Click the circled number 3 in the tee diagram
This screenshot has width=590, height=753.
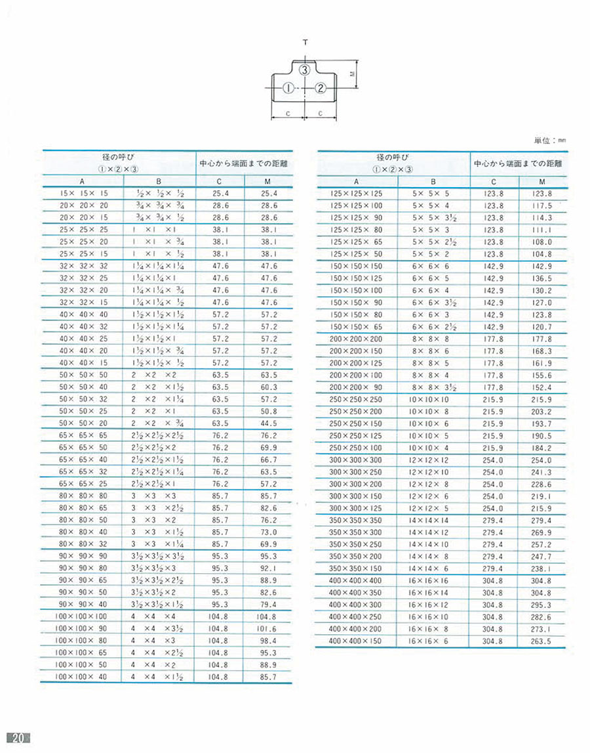click(x=304, y=70)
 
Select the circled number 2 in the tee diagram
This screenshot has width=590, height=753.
click(x=321, y=88)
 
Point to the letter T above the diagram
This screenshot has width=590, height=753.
click(x=305, y=42)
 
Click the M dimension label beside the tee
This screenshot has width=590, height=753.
click(x=351, y=74)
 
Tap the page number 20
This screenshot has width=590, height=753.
click(x=17, y=737)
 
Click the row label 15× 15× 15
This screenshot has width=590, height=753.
click(x=82, y=194)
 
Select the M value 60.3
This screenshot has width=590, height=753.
click(x=269, y=387)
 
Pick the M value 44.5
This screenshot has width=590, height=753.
click(x=269, y=423)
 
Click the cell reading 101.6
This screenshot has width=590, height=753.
click(x=267, y=629)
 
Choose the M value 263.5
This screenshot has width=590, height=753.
click(x=541, y=641)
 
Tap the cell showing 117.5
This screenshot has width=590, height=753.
click(x=542, y=205)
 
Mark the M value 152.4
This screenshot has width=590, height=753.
click(x=541, y=387)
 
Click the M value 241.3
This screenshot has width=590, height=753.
click(x=541, y=472)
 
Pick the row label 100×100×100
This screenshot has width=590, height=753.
click(x=82, y=617)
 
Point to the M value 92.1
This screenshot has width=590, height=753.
click(x=269, y=569)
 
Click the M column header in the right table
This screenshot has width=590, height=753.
click(x=542, y=182)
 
